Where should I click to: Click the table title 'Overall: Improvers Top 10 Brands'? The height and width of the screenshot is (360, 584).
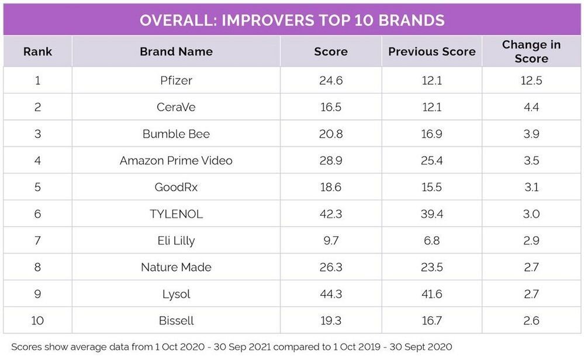pos(292,20)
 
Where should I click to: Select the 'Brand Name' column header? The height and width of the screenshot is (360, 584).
pos(176,51)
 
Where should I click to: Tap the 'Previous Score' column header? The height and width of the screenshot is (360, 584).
pos(431,51)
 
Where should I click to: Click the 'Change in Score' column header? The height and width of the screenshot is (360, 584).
pos(531,51)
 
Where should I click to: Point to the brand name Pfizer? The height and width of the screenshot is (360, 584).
pos(176,80)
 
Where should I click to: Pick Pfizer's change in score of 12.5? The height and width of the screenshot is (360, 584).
pos(531,80)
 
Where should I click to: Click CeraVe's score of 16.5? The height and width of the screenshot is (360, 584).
pos(330,107)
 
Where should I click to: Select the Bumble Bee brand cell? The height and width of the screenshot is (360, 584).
pos(176,134)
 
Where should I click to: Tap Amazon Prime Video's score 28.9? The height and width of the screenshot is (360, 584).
pos(330,161)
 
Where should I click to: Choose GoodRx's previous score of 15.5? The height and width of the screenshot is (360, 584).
pos(431,188)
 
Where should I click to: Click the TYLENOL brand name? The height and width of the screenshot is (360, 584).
pos(176,214)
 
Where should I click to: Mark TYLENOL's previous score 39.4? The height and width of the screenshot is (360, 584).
pos(431,214)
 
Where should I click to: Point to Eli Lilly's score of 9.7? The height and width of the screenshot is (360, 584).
pos(330,241)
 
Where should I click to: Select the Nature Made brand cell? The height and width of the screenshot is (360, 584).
pos(176,268)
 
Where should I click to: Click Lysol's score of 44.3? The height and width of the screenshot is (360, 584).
pos(330,294)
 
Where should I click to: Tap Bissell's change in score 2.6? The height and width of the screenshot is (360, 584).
pos(531,321)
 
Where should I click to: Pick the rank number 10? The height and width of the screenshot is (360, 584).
pos(37,321)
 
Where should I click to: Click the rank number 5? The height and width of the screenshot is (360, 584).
pos(37,188)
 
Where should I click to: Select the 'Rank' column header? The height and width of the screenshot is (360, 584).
pos(37,51)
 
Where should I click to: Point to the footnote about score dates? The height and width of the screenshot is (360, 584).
pos(231,347)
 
